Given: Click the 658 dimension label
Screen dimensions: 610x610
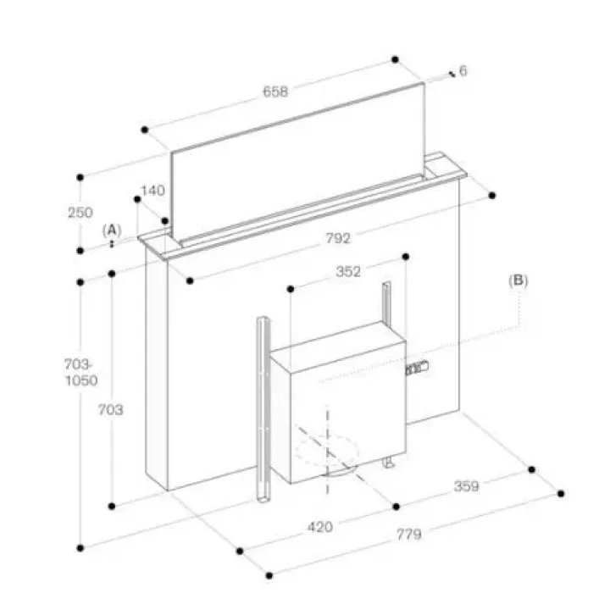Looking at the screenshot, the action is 275,91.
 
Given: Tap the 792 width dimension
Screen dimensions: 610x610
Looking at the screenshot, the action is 338,238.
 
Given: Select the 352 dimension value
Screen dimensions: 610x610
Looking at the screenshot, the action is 348,271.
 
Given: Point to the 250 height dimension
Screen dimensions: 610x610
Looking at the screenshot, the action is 80,213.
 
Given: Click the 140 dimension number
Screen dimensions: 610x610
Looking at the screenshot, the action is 152,191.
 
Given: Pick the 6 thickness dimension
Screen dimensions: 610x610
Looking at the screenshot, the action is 463,71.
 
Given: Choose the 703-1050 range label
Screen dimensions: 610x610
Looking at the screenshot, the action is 80,372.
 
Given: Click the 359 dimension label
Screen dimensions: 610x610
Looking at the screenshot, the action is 467,486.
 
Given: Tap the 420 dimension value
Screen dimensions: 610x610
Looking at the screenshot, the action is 320,527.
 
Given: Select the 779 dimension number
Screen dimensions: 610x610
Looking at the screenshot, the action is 409,534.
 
